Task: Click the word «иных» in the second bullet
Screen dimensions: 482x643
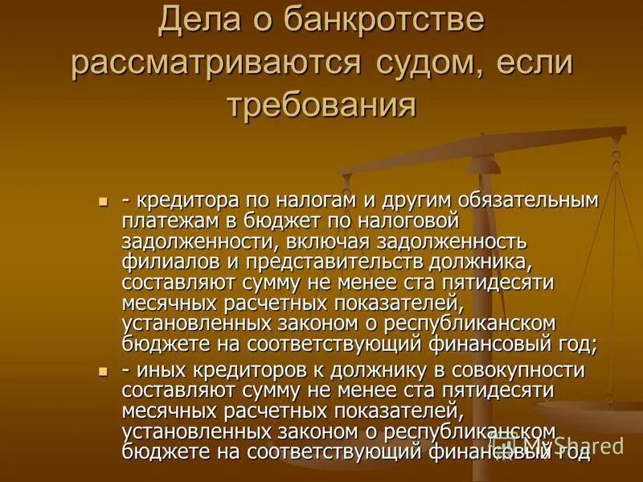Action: [158, 371]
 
